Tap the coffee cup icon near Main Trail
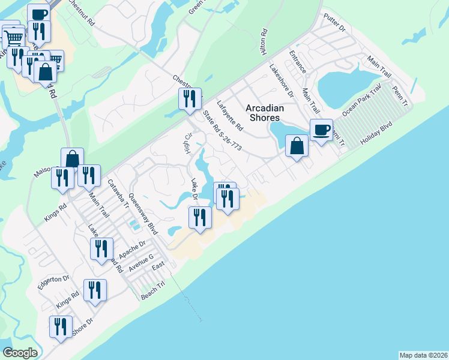321,130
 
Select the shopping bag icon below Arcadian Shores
297,146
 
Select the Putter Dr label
334,23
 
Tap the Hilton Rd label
263,41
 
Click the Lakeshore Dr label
281,81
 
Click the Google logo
20,353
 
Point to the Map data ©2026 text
423,355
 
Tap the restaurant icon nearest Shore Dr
61,328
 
